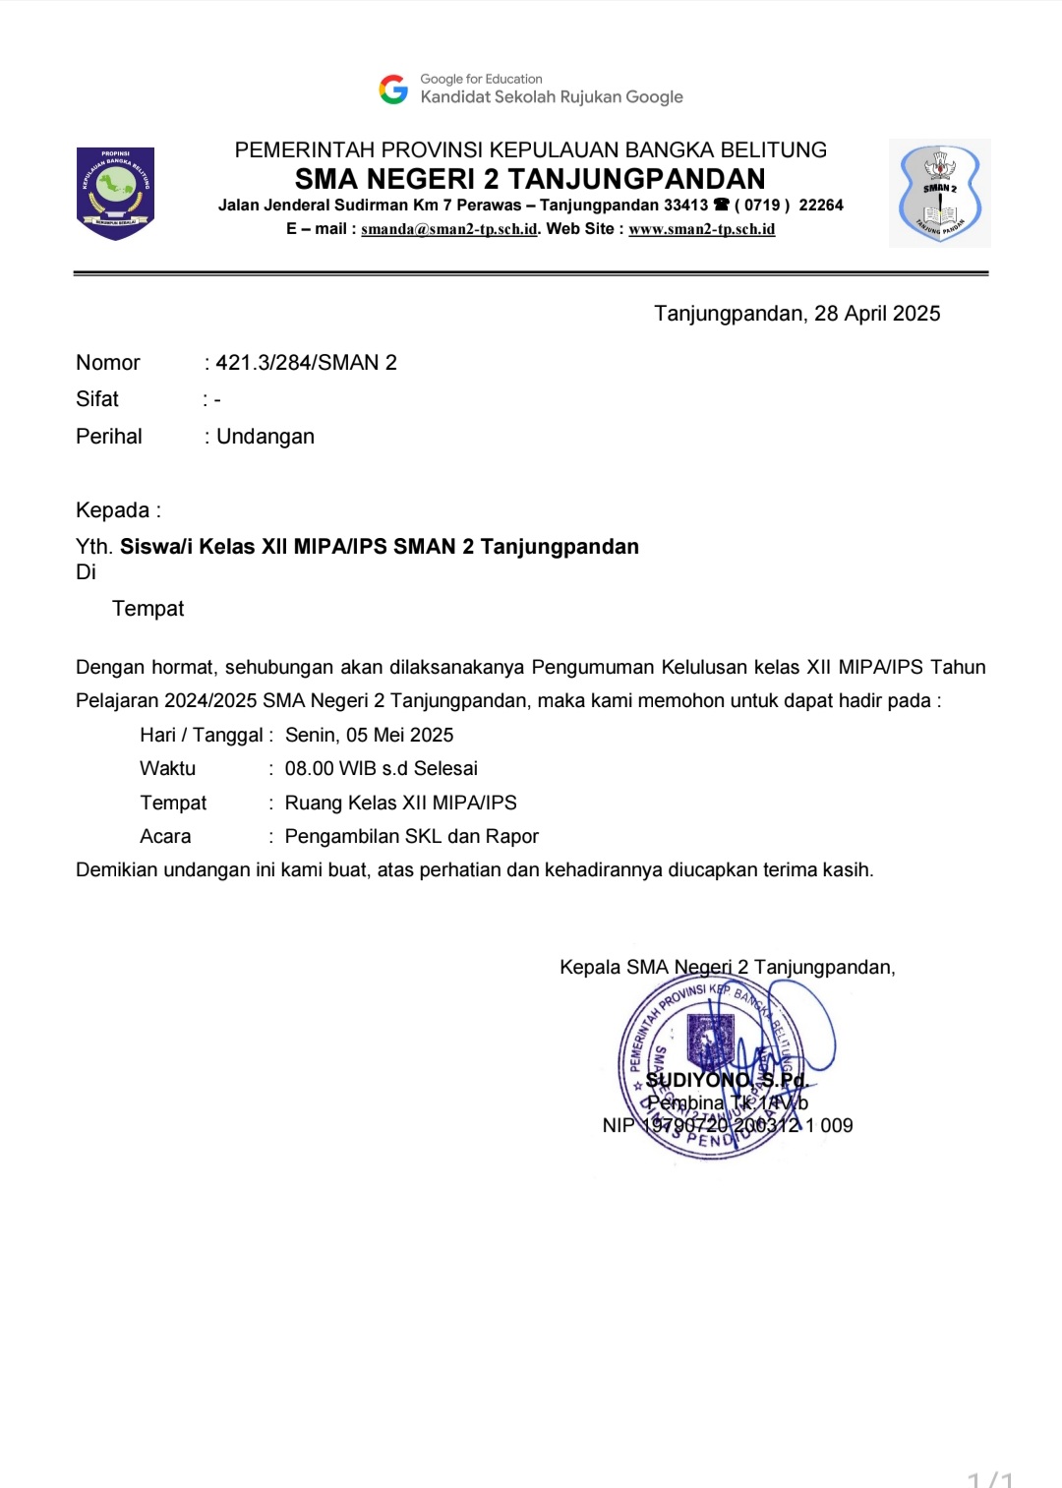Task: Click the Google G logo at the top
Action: coord(393,89)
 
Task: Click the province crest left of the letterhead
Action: coord(115,193)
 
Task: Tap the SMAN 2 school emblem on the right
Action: coord(939,194)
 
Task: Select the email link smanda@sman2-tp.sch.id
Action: coord(449,229)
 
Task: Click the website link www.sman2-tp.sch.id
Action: coord(701,229)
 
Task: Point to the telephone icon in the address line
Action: coord(722,205)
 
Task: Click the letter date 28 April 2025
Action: coord(877,314)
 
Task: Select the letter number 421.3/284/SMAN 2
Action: coord(306,363)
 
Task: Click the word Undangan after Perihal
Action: coord(265,437)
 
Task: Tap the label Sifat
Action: coord(97,399)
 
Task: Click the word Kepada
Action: coord(113,510)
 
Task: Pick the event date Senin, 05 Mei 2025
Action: coord(369,736)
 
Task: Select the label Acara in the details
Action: coord(165,837)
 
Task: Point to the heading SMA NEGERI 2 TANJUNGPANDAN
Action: coord(530,179)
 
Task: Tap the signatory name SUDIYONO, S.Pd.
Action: coord(727,1080)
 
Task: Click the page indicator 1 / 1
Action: coord(989,1480)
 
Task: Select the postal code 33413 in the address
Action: coord(685,205)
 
